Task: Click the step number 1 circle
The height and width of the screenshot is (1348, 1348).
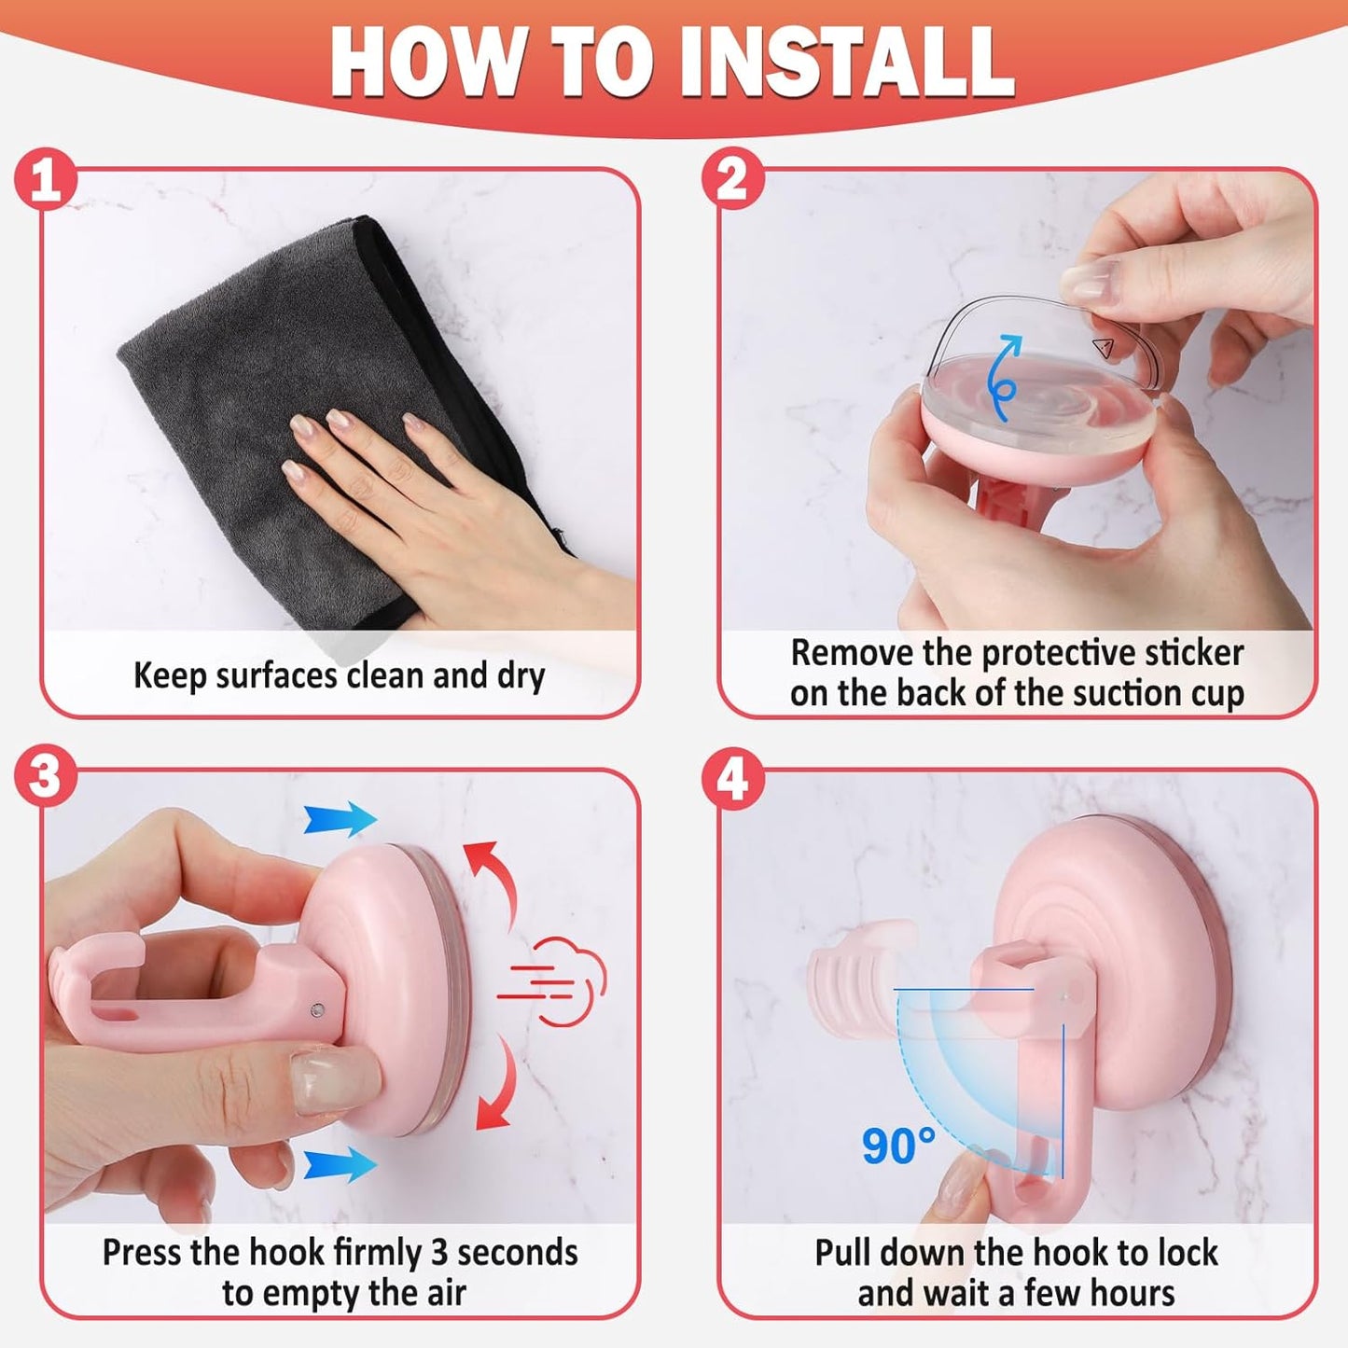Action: pos(46,178)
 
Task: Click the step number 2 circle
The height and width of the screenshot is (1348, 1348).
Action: pos(733,178)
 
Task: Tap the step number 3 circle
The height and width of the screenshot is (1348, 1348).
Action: pos(46,778)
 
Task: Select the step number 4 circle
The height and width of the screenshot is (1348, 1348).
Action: pos(733,778)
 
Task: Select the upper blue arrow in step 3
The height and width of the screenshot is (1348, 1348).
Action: pos(340,818)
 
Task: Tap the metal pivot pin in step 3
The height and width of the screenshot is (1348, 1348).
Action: pos(317,1009)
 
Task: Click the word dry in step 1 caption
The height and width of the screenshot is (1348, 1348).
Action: pos(517,676)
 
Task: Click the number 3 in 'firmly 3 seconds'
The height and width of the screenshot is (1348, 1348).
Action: pos(438,1252)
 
